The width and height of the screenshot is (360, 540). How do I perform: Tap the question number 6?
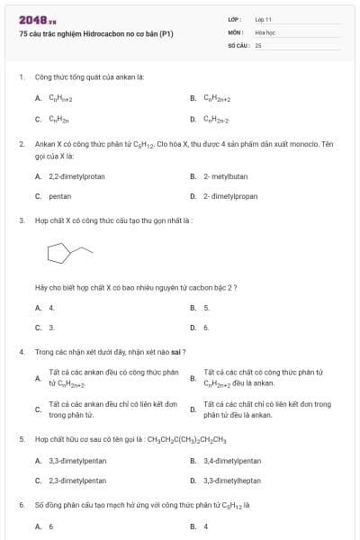(x=21, y=505)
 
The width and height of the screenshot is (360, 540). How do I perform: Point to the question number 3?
(x=21, y=220)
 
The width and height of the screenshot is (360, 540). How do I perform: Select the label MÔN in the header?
(x=236, y=31)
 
